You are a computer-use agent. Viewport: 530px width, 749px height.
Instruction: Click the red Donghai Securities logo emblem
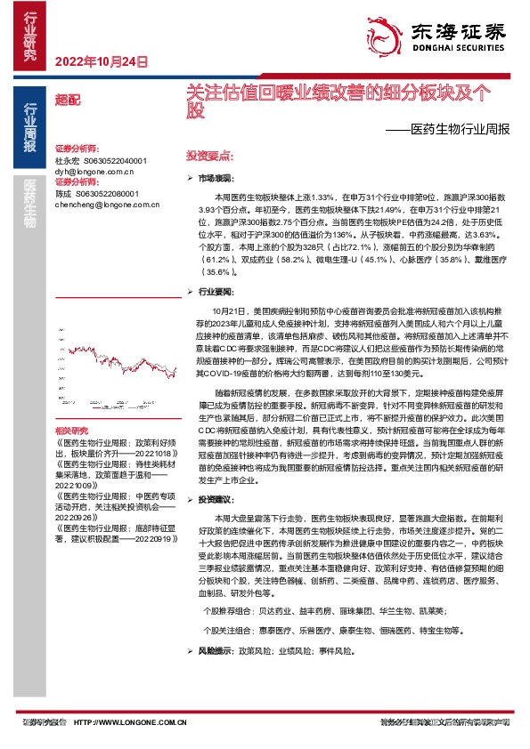[x=390, y=31]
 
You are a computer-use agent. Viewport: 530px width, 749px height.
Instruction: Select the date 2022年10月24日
[x=101, y=62]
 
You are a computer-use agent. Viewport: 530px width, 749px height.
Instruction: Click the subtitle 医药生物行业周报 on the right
[x=455, y=128]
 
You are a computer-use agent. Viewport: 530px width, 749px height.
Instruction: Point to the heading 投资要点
[x=202, y=155]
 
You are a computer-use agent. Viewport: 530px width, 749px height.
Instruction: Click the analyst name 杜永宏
[x=67, y=160]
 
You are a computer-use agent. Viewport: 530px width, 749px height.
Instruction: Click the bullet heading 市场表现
[x=216, y=178]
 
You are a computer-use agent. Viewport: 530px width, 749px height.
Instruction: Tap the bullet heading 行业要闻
[x=216, y=291]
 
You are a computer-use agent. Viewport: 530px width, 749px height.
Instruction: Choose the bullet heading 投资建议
[x=216, y=500]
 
